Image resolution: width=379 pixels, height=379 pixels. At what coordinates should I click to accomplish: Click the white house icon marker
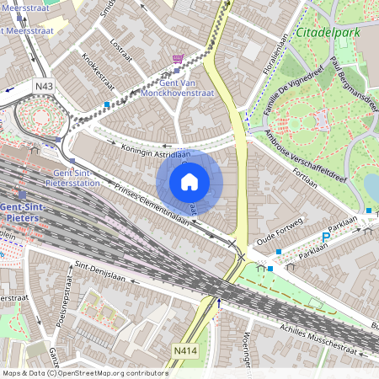(189, 181)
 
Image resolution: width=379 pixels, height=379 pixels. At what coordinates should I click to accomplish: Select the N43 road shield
(45, 86)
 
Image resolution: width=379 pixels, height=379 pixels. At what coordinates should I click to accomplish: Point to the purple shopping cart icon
(178, 59)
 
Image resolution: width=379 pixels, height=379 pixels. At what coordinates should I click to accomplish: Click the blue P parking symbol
(327, 238)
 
